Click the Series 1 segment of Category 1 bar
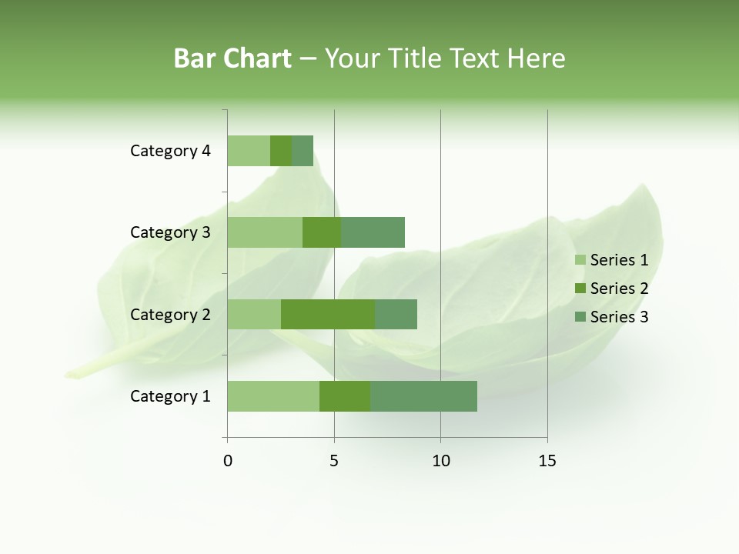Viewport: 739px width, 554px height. [273, 396]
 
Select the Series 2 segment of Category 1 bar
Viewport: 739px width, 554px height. [345, 396]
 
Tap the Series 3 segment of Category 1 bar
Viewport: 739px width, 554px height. [423, 396]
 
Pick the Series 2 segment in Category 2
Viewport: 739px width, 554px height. [328, 314]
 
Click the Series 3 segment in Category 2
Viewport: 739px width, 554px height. [396, 314]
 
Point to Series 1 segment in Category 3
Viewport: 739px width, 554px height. [265, 232]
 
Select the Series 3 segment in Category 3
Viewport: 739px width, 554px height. [373, 232]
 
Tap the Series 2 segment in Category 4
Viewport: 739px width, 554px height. [281, 151]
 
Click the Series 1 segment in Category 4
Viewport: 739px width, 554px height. [249, 151]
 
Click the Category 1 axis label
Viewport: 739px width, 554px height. [170, 396]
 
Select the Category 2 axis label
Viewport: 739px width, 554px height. [170, 314]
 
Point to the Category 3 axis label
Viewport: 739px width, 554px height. [170, 232]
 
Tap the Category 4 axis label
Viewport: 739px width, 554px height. [170, 151]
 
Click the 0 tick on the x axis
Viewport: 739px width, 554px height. [228, 461]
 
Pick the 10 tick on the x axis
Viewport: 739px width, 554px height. [440, 461]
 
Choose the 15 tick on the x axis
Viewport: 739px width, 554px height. [547, 461]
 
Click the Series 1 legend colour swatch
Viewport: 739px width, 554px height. [580, 260]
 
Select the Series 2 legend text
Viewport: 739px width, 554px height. [619, 289]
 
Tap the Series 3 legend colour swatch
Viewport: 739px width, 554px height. [580, 317]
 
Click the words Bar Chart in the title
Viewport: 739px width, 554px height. [232, 58]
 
